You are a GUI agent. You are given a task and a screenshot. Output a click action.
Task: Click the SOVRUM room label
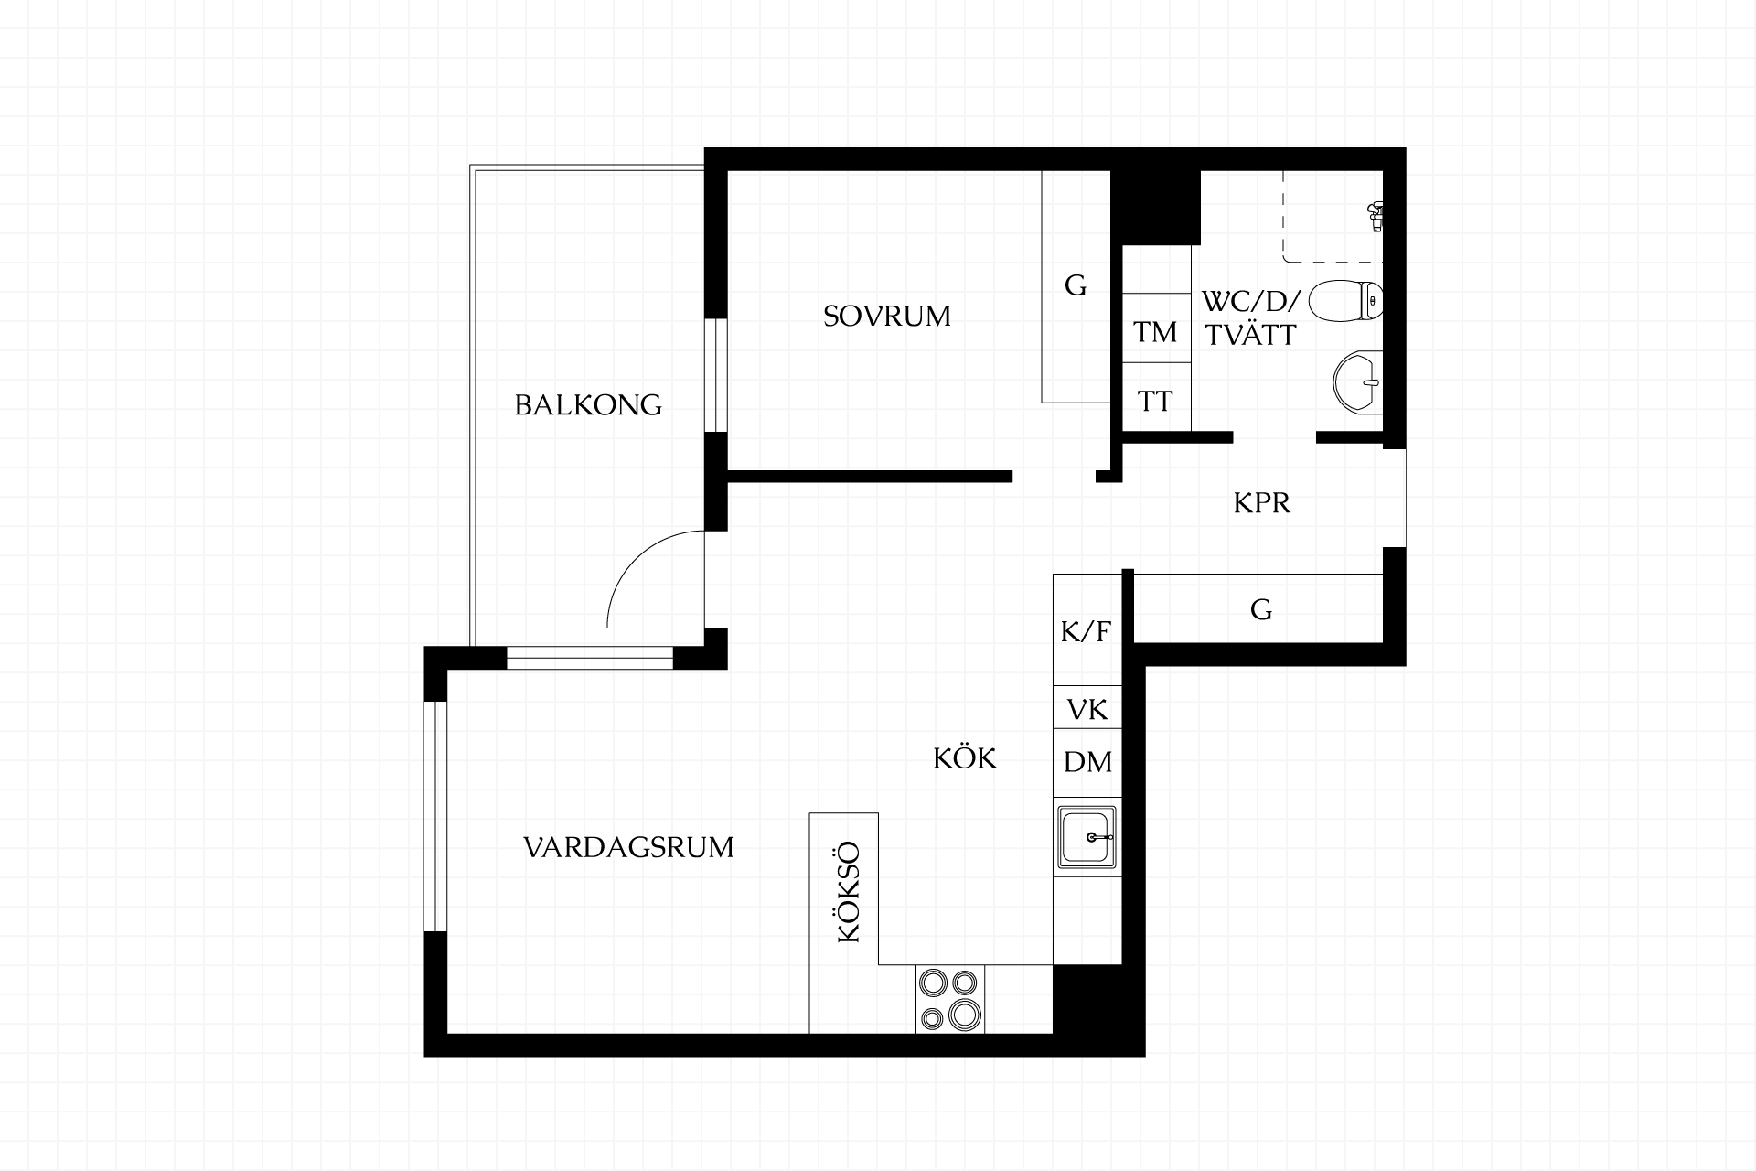click(x=886, y=317)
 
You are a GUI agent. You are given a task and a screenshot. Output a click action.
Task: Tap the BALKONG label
click(x=588, y=405)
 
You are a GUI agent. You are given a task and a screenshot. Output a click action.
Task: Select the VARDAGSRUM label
click(x=628, y=848)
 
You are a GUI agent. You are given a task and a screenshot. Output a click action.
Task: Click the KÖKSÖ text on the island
click(x=850, y=892)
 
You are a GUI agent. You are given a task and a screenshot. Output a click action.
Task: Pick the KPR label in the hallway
click(x=1261, y=503)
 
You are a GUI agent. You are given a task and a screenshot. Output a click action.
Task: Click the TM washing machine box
click(x=1156, y=328)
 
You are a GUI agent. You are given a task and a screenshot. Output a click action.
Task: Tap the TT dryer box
click(x=1156, y=397)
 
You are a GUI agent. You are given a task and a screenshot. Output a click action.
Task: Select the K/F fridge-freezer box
click(x=1087, y=630)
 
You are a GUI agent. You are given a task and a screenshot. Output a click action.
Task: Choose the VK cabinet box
click(x=1087, y=708)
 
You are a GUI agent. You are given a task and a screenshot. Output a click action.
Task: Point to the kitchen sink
click(x=1087, y=836)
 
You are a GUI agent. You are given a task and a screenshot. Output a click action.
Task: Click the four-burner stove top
click(x=950, y=999)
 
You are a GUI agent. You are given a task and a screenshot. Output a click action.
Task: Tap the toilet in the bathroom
click(x=1345, y=300)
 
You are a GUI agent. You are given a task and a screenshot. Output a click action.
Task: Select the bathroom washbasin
click(x=1358, y=381)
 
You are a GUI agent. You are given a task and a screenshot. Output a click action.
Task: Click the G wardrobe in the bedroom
click(x=1076, y=286)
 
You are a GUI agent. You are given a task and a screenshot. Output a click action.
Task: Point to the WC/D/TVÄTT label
click(x=1250, y=319)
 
